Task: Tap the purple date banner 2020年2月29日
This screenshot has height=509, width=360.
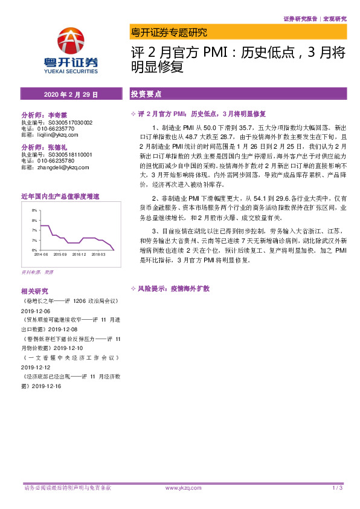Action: click(71, 94)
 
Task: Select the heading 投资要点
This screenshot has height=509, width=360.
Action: click(146, 94)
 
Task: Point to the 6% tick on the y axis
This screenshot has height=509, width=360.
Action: click(34, 250)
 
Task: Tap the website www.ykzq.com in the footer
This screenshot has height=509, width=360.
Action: click(180, 487)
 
